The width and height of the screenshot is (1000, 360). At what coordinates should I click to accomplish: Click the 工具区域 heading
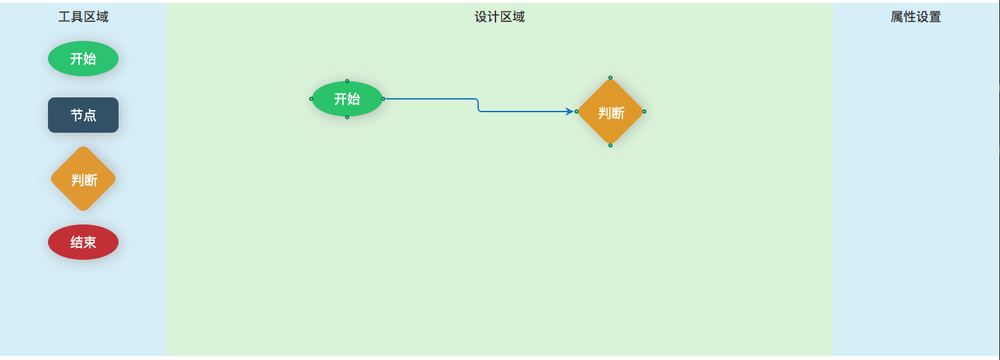tap(83, 17)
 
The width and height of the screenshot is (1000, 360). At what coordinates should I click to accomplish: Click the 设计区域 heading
tap(500, 17)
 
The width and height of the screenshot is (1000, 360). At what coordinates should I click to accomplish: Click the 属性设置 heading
tap(915, 17)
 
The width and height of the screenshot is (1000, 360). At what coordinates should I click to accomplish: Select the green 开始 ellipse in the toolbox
tap(83, 59)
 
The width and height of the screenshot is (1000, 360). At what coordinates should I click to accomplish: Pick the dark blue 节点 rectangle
tap(83, 115)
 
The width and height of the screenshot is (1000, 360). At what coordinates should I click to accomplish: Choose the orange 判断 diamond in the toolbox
tap(83, 179)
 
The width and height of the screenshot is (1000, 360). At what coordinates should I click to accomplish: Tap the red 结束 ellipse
tap(83, 242)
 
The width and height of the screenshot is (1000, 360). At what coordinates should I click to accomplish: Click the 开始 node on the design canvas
tap(347, 99)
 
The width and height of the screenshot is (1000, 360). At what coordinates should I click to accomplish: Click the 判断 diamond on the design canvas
tap(610, 112)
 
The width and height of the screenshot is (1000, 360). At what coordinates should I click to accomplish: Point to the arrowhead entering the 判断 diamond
tap(570, 112)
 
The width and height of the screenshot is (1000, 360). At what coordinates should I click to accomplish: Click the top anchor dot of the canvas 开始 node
tap(347, 81)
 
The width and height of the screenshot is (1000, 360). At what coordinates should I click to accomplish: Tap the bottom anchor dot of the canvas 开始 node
tap(347, 117)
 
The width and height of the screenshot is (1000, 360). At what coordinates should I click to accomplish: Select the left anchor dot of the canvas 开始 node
tap(311, 99)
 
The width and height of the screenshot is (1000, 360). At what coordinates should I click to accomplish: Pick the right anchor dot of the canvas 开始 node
tap(383, 99)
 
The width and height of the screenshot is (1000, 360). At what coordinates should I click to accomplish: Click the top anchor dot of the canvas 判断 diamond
tap(610, 78)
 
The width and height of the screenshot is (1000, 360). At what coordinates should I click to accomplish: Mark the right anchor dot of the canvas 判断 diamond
tap(644, 112)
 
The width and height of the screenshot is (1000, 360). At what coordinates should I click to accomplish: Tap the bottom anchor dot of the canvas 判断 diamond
tap(610, 145)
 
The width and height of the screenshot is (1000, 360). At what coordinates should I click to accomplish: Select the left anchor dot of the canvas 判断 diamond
tap(577, 112)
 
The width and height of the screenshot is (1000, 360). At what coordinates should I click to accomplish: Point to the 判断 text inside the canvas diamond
tap(611, 113)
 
